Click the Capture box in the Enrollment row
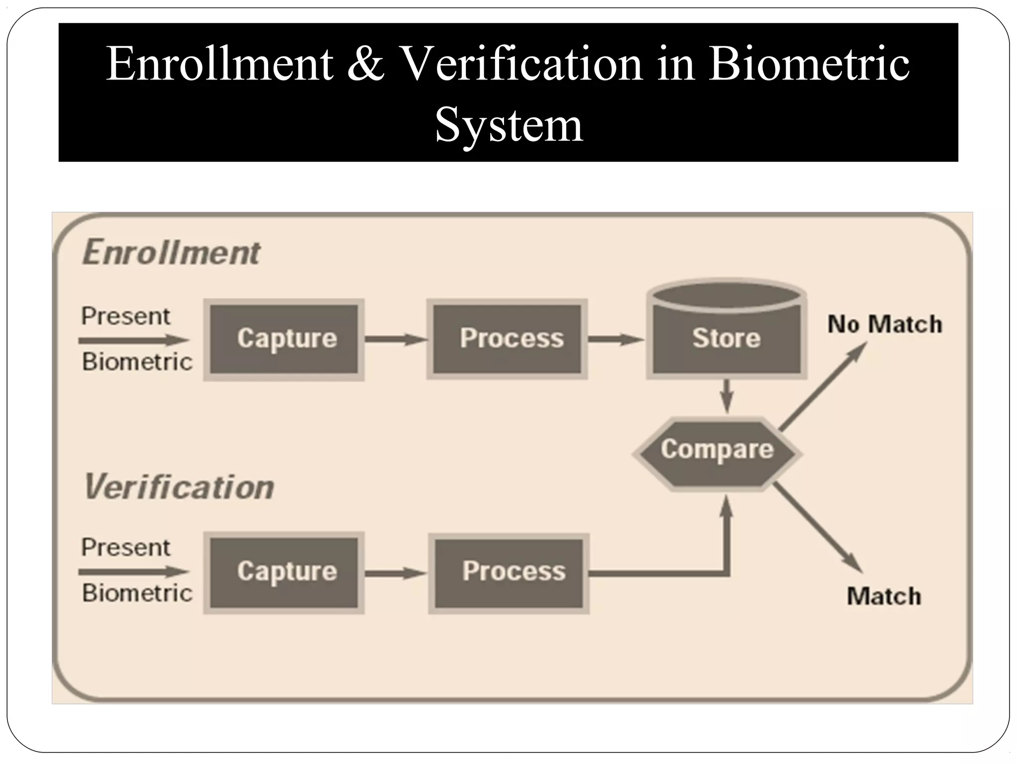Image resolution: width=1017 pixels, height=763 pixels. (x=284, y=340)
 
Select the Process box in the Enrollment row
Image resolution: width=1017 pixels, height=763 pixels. (x=507, y=340)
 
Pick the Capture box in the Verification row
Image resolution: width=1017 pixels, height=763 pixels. (x=284, y=572)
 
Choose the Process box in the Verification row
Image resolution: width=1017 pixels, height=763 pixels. (x=508, y=573)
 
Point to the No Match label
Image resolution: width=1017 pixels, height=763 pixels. (x=884, y=324)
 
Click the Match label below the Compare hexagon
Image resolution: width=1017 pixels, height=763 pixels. (x=884, y=596)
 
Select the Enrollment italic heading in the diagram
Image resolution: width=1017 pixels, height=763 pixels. (x=171, y=252)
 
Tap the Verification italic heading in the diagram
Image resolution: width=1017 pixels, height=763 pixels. (x=179, y=486)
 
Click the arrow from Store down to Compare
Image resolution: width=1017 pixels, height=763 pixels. (x=726, y=396)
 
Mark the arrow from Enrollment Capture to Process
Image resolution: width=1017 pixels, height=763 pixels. (x=396, y=340)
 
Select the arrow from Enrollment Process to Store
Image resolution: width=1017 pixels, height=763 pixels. (x=616, y=340)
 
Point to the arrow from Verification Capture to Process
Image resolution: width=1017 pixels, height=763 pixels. (x=396, y=573)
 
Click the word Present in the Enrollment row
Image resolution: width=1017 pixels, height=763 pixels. (x=126, y=316)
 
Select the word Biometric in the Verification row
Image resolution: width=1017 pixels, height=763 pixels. (x=137, y=593)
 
